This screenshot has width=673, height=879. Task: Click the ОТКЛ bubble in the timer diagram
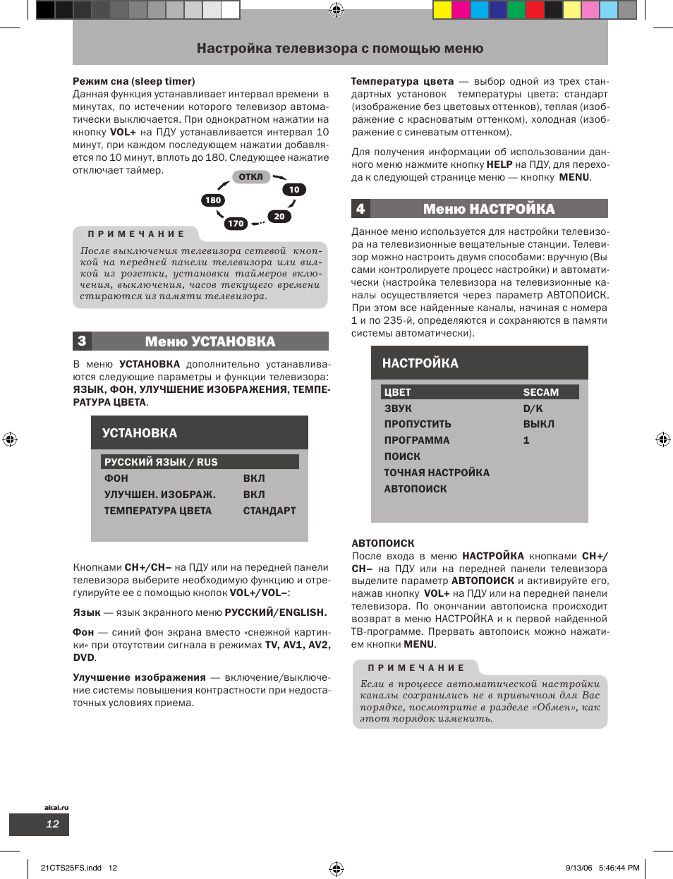250,177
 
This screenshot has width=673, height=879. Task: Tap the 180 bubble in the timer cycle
213,200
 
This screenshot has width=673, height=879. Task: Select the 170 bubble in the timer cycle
236,224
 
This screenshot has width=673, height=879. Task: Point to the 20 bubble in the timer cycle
279,217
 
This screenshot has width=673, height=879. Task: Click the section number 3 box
82,341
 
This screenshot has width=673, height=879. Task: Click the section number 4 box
360,209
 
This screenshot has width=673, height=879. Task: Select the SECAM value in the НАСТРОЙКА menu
540,392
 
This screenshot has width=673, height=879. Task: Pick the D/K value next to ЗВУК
533,408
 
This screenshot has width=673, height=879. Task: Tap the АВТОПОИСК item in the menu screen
416,489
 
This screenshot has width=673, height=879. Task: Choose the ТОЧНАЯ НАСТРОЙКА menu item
437,473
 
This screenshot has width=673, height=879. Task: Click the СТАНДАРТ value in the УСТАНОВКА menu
269,511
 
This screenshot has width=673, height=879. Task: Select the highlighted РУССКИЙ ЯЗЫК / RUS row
200,462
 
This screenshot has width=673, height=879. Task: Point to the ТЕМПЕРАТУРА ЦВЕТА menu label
158,511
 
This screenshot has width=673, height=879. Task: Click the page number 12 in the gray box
52,824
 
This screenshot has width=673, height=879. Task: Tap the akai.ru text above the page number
56,807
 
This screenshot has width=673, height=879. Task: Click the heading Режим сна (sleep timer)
134,81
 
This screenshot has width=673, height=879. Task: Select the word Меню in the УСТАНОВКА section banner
166,341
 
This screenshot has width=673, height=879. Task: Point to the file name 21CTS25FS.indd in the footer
71,868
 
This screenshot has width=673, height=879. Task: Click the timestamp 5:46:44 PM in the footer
618,868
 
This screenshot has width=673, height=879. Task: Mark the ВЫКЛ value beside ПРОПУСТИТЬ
538,424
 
